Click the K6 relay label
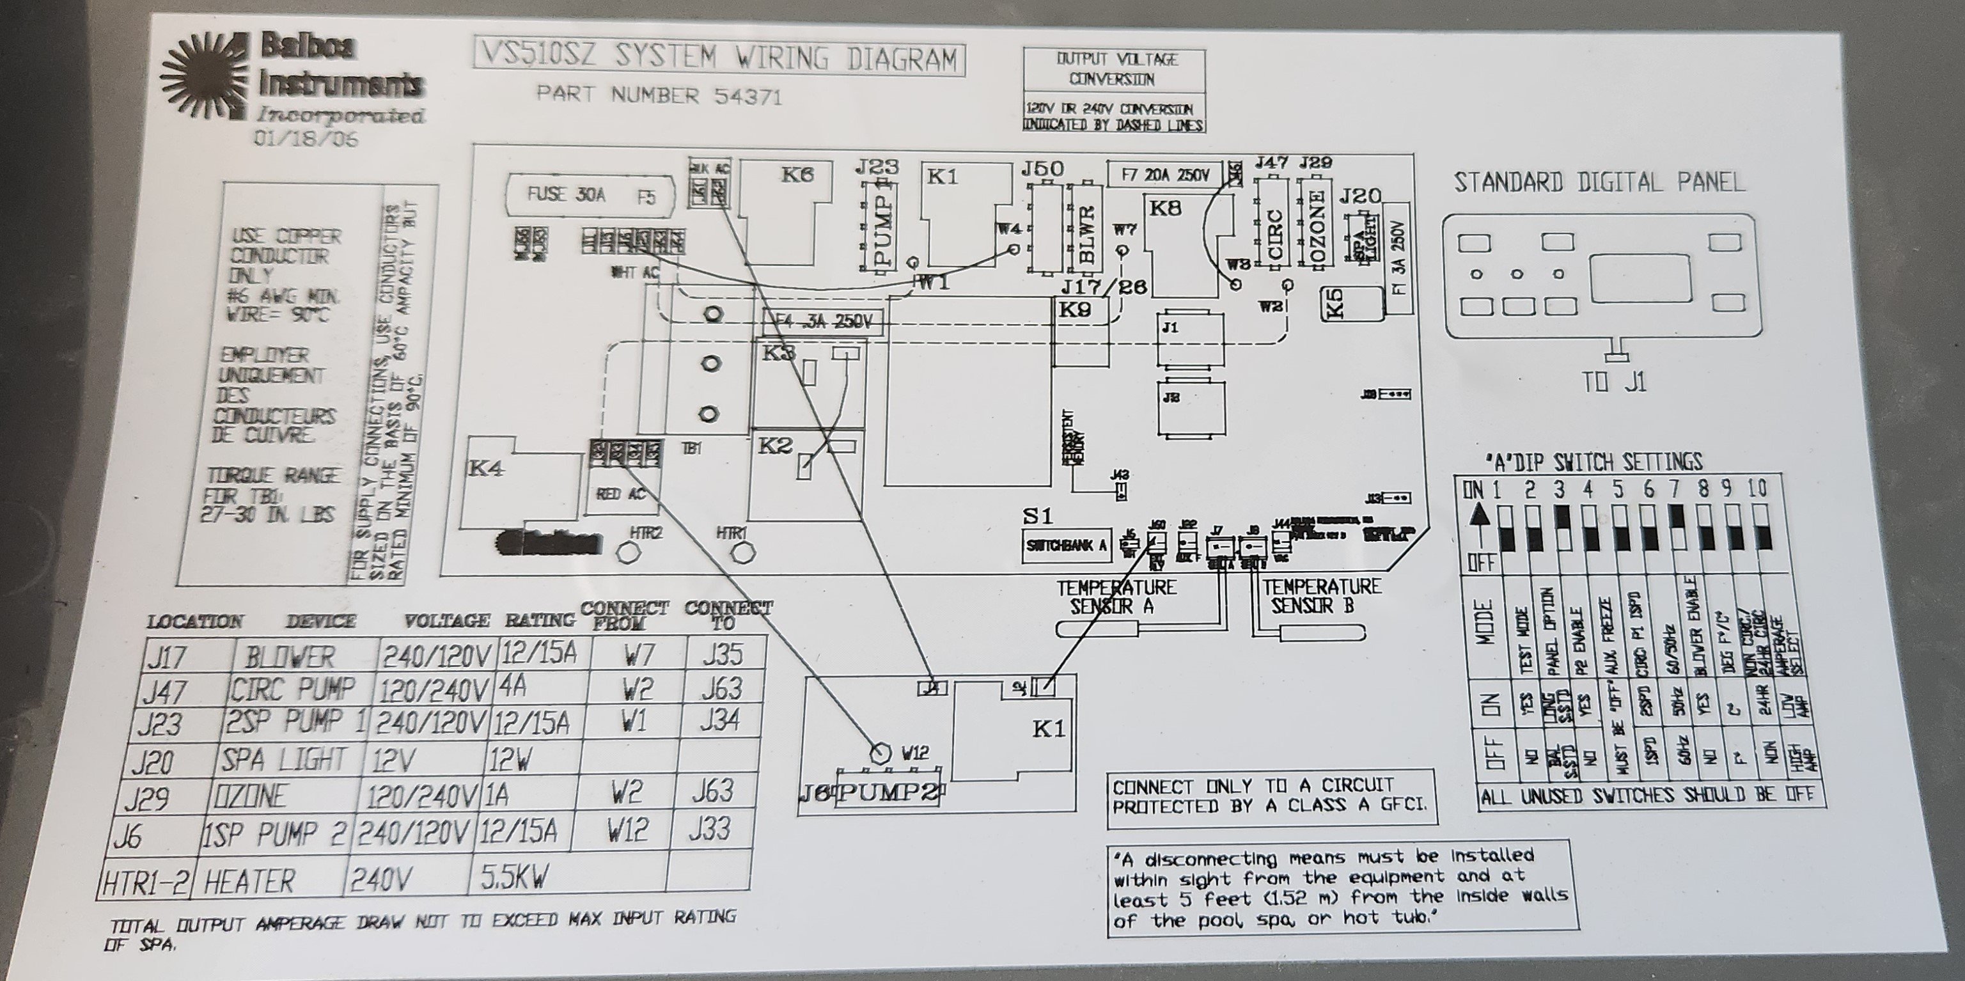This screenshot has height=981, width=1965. pos(797,175)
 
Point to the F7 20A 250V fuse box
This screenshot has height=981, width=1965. pos(1165,175)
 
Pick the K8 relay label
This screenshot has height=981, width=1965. pos(1166,208)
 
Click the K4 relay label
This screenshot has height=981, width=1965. pos(487,467)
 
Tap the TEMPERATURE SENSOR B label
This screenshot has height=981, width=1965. pos(1321,597)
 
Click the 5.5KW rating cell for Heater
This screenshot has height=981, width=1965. pos(515,878)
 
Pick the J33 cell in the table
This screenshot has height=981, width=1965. pos(708,829)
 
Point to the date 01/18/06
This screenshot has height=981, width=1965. pos(306,139)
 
